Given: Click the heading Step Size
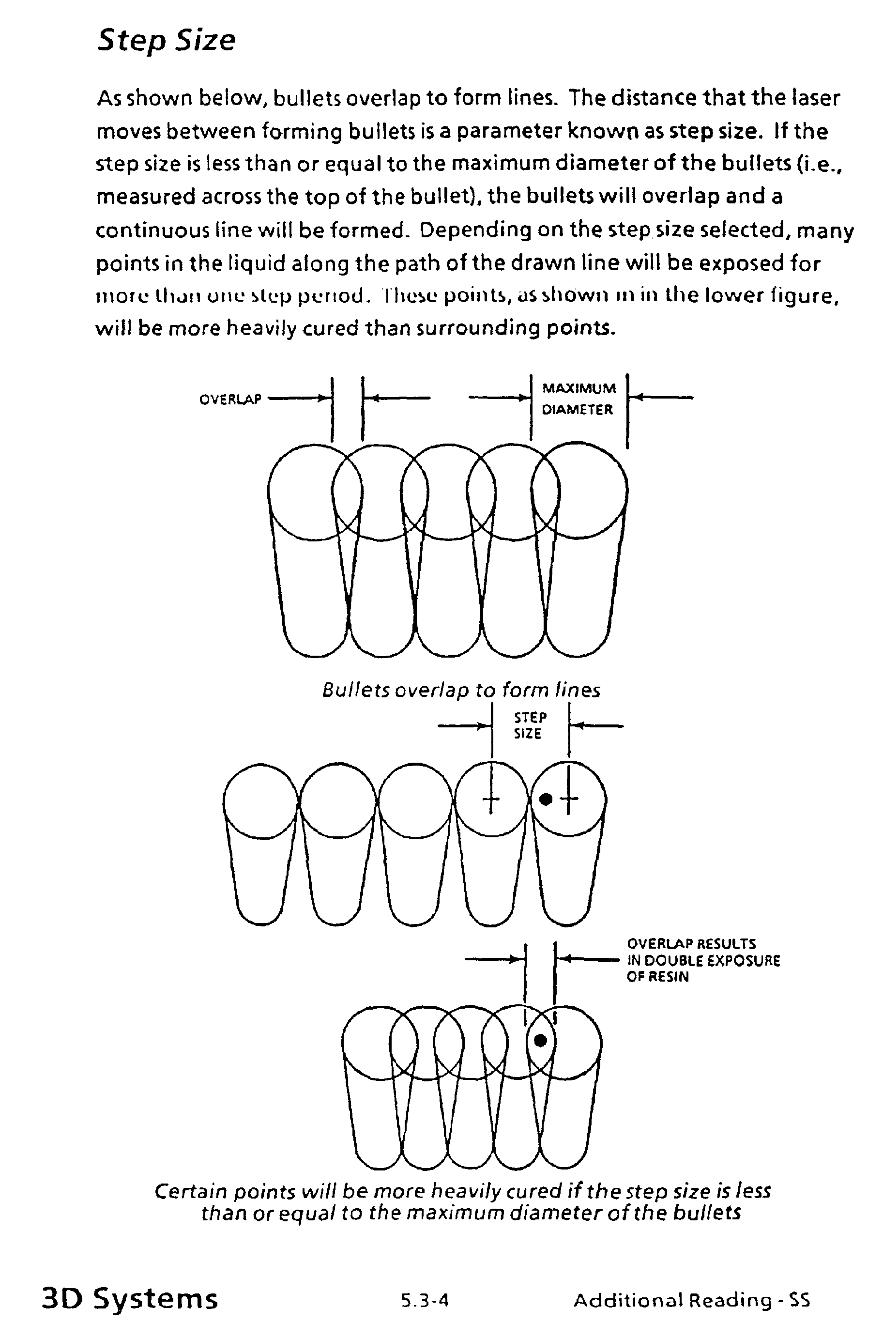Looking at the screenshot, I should [x=166, y=41].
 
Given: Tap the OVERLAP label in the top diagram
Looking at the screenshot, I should [x=230, y=400].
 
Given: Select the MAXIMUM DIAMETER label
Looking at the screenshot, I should [x=579, y=399].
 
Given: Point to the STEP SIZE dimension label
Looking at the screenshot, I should [x=530, y=725].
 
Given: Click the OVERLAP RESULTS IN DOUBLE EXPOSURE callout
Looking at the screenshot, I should [x=703, y=960].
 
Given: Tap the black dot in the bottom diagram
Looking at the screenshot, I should [x=540, y=1040].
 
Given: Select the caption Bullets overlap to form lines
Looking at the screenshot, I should [x=461, y=690].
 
